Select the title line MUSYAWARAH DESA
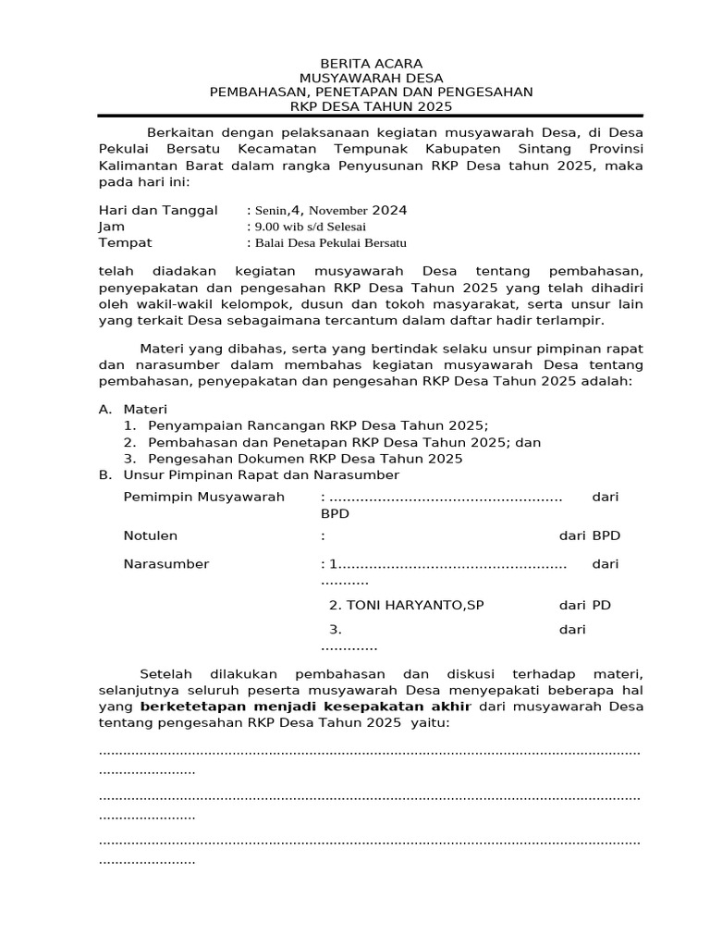pyautogui.click(x=371, y=78)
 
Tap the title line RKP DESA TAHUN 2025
pyautogui.click(x=371, y=106)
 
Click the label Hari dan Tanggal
pyautogui.click(x=157, y=210)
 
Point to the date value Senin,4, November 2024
pyautogui.click(x=327, y=210)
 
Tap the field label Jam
pyautogui.click(x=111, y=227)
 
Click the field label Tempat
pyautogui.click(x=125, y=243)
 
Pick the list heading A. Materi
pyautogui.click(x=133, y=409)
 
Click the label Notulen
pyautogui.click(x=151, y=535)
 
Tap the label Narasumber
pyautogui.click(x=166, y=564)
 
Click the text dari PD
pyautogui.click(x=584, y=606)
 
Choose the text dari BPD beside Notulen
pyautogui.click(x=589, y=535)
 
